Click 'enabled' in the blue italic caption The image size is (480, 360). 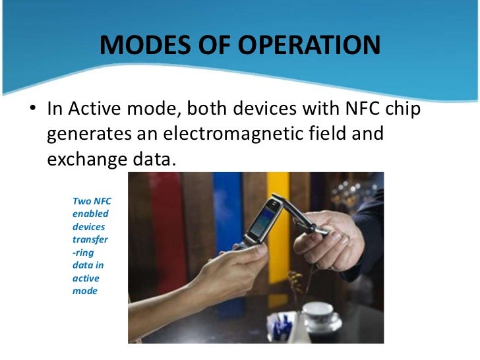click(x=90, y=214)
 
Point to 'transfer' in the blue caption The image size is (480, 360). click(x=90, y=239)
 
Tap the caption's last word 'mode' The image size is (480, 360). click(x=85, y=290)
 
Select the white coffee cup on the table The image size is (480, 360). click(x=320, y=314)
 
